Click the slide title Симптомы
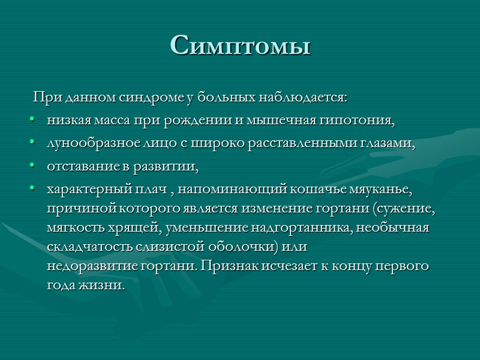tap(240, 44)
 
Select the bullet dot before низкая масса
tap(31, 121)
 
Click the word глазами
tap(387, 144)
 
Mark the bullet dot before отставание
tap(31, 167)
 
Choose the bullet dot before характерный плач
tap(31, 190)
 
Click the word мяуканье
tap(377, 190)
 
